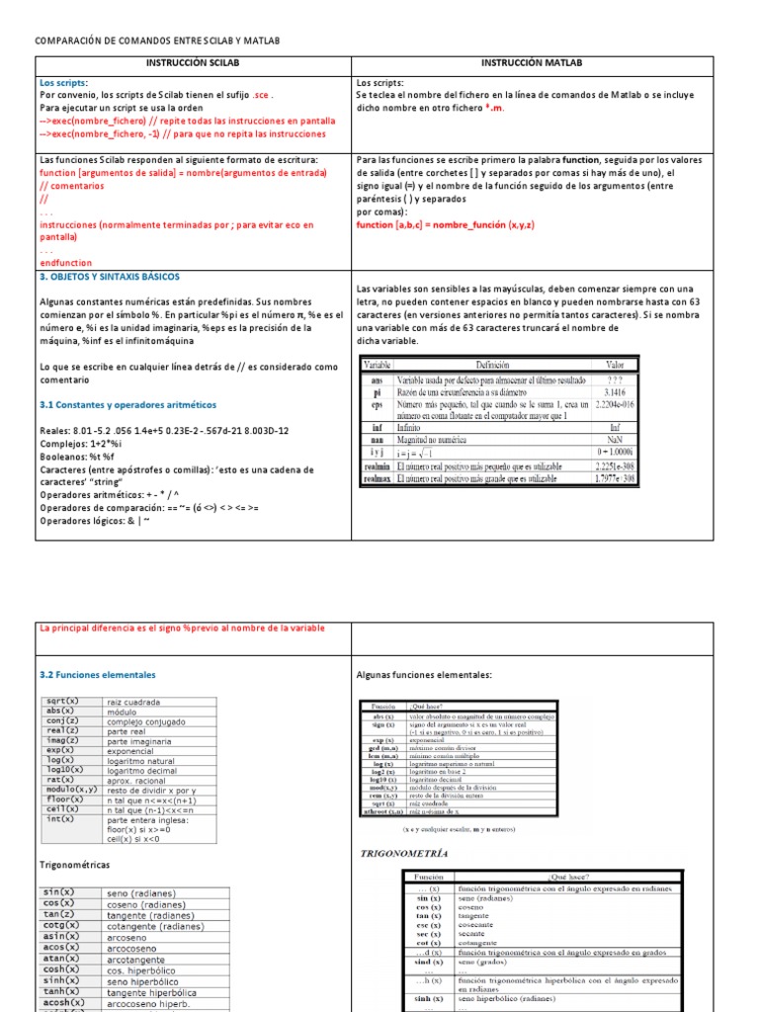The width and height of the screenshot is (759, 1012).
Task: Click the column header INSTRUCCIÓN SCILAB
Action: pyautogui.click(x=194, y=63)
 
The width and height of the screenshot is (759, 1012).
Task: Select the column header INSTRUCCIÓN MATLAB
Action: pyautogui.click(x=532, y=63)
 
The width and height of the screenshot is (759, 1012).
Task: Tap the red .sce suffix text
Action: pyautogui.click(x=260, y=96)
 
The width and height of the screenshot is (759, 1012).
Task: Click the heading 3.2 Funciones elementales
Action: pyautogui.click(x=98, y=675)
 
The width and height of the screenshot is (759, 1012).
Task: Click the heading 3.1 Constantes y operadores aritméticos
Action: pyautogui.click(x=129, y=405)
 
